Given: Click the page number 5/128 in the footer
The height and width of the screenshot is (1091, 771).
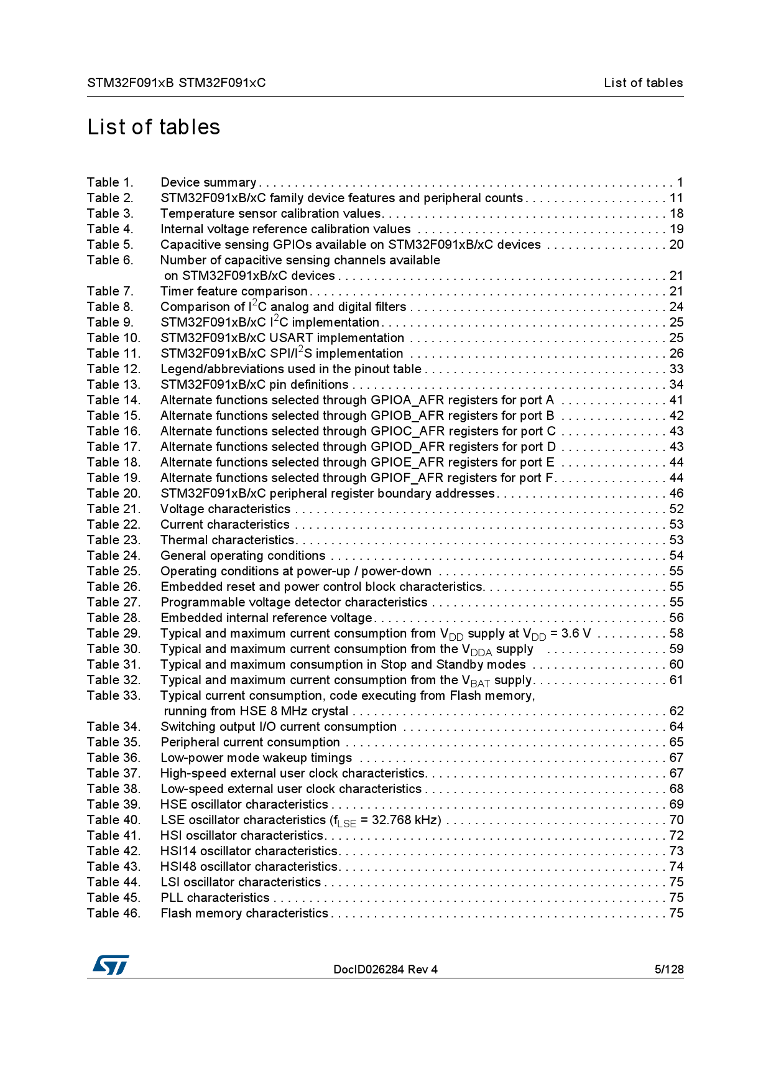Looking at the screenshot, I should [668, 969].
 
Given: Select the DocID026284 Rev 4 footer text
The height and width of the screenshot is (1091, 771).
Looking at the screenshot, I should [385, 969].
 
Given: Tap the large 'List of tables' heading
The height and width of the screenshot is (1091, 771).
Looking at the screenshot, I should [154, 127].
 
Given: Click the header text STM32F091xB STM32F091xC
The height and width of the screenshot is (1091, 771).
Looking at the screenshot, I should [176, 83].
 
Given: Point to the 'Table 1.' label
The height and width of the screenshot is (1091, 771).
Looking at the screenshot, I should [110, 182].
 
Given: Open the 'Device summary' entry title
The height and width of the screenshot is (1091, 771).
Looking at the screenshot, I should [208, 182].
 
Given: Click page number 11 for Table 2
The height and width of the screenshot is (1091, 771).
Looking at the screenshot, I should [676, 198].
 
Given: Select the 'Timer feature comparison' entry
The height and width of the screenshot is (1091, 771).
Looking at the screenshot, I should [234, 291].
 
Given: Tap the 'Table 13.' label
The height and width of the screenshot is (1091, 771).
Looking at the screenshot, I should [114, 384].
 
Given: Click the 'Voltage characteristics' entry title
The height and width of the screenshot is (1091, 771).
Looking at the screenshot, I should [225, 509].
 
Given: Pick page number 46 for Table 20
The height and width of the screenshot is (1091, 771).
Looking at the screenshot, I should [676, 493].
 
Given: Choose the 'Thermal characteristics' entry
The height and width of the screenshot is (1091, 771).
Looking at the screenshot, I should [227, 540].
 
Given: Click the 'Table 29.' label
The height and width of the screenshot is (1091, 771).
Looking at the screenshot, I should [114, 633].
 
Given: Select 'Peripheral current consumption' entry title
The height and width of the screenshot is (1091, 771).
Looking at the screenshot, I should [250, 742].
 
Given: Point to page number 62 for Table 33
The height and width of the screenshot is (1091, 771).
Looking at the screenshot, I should [676, 711].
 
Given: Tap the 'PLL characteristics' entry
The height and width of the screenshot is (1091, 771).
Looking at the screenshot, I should [215, 898].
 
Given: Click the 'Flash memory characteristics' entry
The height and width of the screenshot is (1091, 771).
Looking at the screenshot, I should [244, 913].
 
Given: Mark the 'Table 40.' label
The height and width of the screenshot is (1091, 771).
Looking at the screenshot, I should [114, 820].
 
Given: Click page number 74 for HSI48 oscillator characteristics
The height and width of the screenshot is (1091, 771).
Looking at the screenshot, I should [676, 866].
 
